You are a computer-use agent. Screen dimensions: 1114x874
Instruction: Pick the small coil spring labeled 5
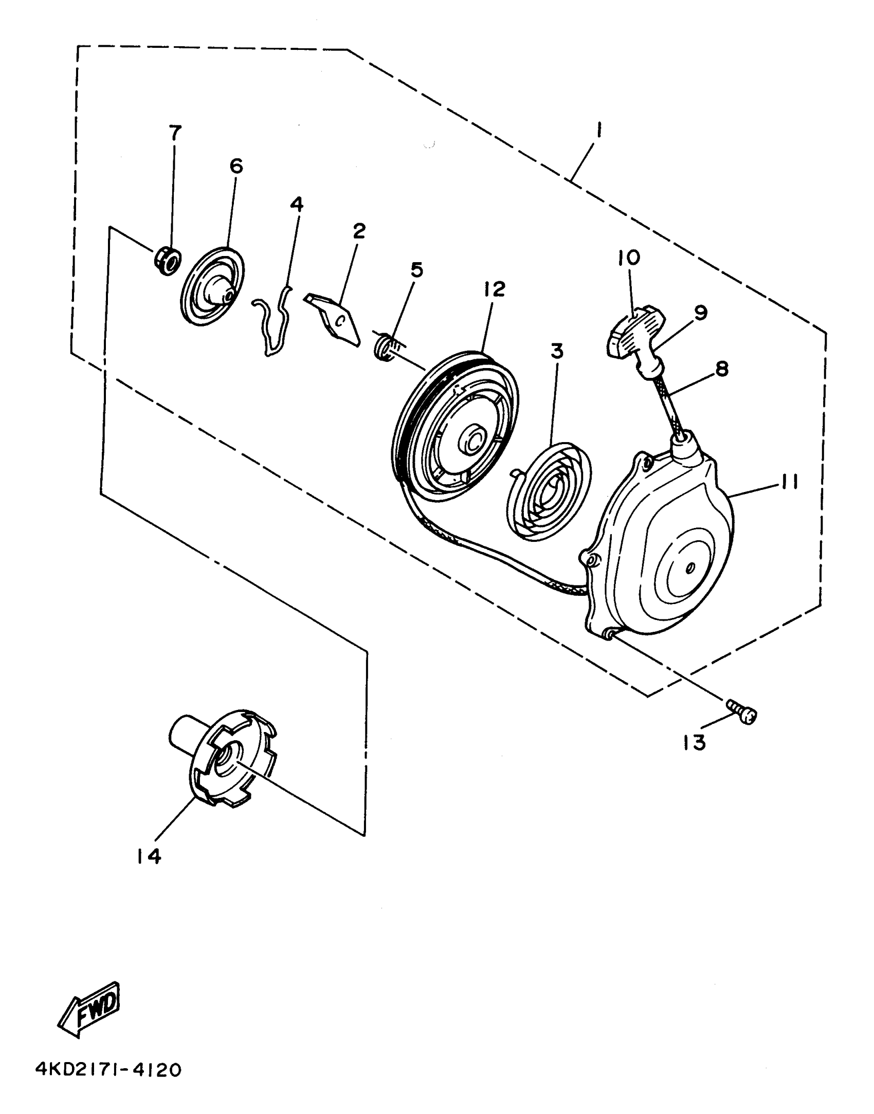(386, 348)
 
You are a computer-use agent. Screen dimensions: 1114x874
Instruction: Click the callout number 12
(494, 289)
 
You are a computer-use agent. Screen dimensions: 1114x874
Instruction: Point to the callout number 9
(700, 312)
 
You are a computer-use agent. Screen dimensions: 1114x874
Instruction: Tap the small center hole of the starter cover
(690, 568)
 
